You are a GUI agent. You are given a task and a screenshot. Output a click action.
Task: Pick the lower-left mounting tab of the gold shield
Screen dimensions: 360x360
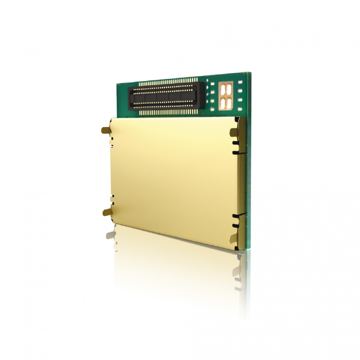pyautogui.click(x=106, y=212)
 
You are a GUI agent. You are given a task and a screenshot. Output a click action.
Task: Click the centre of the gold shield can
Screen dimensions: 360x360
pyautogui.click(x=173, y=178)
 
